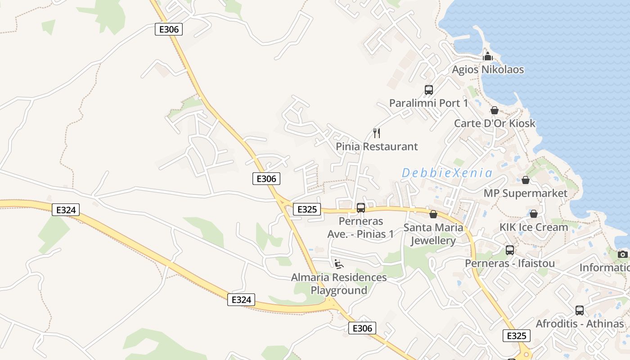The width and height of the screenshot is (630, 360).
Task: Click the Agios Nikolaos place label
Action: click(488, 70)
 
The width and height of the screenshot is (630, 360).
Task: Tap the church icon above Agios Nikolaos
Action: click(488, 57)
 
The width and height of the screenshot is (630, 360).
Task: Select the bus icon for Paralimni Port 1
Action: click(429, 90)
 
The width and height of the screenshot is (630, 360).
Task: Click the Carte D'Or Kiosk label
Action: click(495, 123)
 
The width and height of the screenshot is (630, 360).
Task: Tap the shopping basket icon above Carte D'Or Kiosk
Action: click(495, 110)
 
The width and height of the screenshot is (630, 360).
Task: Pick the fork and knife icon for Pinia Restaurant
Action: click(377, 133)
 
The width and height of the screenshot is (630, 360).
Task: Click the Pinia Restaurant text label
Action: click(377, 147)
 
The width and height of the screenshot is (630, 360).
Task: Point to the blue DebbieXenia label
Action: click(447, 173)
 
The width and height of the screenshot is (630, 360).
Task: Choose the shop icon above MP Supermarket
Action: click(525, 180)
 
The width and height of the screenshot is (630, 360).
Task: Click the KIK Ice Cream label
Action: click(534, 227)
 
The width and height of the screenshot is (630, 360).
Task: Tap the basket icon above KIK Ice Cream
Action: click(534, 214)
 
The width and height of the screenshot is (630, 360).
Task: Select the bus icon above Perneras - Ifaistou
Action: click(510, 250)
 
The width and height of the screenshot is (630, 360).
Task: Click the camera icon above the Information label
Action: click(623, 254)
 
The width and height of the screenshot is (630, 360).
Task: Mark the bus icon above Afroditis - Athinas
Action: click(580, 310)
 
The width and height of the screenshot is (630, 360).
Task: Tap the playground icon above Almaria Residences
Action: click(339, 264)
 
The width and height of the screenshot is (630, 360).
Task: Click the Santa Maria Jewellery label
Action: click(433, 234)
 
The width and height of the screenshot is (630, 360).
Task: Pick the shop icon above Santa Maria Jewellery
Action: click(433, 214)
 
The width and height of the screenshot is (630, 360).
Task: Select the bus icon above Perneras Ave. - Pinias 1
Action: click(361, 208)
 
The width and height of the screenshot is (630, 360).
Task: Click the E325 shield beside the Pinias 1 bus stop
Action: click(307, 209)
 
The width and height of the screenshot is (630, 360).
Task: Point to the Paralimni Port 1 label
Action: click(428, 103)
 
